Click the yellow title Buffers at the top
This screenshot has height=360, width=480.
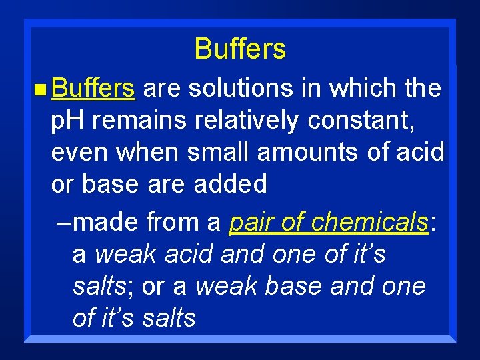[x=240, y=49]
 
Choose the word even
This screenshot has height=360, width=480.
[x=81, y=152]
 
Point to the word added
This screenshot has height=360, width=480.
[x=230, y=184]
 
